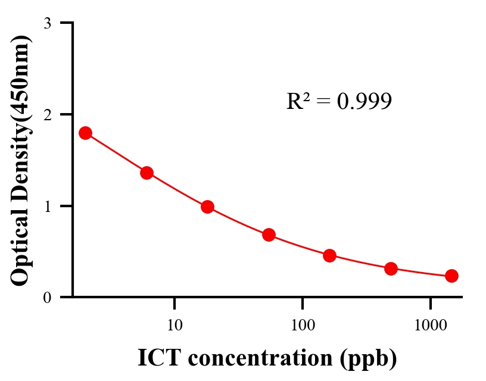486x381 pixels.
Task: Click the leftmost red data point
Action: [85, 133]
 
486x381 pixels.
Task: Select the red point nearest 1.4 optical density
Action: [147, 173]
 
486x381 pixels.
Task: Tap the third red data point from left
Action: [207, 207]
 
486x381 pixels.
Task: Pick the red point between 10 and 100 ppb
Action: [269, 235]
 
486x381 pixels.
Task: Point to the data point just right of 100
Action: [329, 255]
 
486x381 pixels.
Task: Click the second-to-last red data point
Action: [391, 268]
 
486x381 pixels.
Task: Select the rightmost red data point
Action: [451, 276]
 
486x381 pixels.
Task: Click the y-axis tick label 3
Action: [47, 23]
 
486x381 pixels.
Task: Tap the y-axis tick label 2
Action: [47, 114]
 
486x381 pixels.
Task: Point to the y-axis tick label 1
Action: [47, 206]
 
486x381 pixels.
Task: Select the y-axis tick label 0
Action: [47, 298]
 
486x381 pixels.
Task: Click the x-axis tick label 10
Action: [174, 325]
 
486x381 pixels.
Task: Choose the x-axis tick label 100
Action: [302, 325]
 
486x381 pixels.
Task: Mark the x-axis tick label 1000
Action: [430, 325]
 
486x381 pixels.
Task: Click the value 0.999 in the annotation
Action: [364, 102]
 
